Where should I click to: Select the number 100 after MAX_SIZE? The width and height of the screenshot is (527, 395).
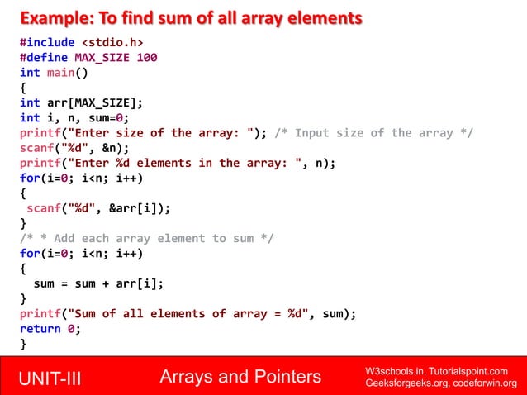(x=147, y=58)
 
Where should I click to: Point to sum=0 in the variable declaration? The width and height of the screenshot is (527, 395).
(x=108, y=118)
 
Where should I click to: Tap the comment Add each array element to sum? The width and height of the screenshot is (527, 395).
(x=146, y=238)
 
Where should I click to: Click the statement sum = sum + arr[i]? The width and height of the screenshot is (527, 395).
(x=97, y=283)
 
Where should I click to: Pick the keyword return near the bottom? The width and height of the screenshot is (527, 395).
(x=40, y=328)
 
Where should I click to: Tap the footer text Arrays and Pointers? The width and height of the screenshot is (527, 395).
(x=240, y=378)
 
